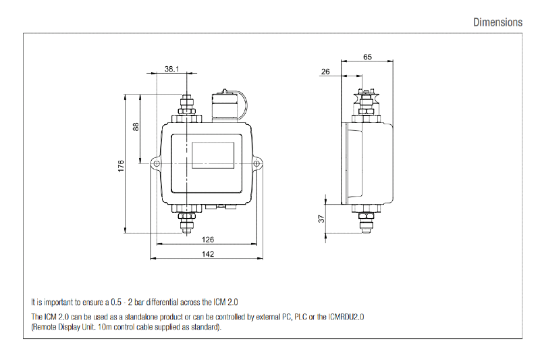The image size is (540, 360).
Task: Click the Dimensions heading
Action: click(x=497, y=22)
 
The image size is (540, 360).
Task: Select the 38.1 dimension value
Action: click(x=171, y=69)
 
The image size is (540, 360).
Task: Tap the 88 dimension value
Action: click(x=136, y=126)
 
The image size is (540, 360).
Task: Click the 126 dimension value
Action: click(x=208, y=239)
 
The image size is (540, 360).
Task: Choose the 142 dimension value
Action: click(x=208, y=254)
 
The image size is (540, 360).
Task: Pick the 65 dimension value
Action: click(x=367, y=57)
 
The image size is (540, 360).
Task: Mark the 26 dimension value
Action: click(x=326, y=72)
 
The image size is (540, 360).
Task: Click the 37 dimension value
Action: click(x=321, y=218)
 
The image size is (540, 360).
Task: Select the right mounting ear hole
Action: click(x=258, y=163)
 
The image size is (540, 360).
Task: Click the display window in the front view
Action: click(x=213, y=155)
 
